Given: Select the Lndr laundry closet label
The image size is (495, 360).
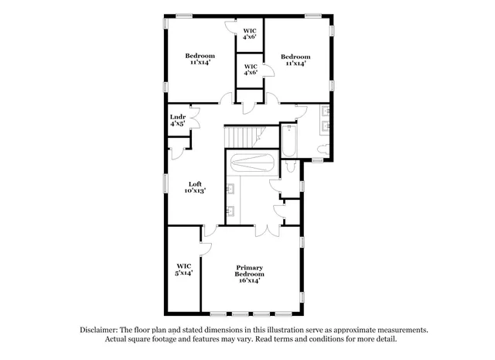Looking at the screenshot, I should (177, 119).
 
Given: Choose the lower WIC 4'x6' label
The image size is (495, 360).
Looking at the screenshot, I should (249, 70).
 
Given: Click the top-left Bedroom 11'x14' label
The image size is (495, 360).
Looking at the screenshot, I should (200, 59).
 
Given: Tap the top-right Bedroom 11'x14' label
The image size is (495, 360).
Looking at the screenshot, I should (295, 60).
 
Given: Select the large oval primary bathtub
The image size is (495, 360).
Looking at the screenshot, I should (249, 163).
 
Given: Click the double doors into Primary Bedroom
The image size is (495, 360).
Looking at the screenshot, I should (265, 231).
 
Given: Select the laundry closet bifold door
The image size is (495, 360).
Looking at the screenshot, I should (193, 119).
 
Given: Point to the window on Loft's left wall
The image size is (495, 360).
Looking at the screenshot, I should (165, 186).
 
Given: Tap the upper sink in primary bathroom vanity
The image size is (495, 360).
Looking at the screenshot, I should (230, 188).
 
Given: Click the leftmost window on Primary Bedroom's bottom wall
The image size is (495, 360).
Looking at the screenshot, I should (218, 314).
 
